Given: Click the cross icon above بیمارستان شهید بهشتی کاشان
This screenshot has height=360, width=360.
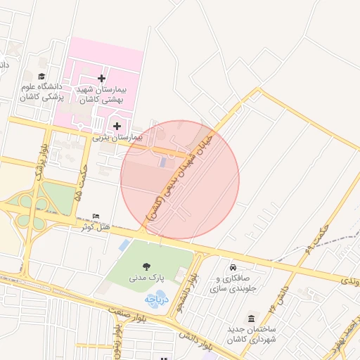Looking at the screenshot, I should [101, 78].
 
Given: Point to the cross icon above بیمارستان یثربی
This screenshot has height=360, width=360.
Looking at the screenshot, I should [117, 126].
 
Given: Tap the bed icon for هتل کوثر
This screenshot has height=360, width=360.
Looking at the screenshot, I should [96, 216].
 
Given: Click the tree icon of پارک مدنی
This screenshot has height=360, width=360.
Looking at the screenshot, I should [146, 266].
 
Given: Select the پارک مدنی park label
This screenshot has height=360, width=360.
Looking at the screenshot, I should [146, 278].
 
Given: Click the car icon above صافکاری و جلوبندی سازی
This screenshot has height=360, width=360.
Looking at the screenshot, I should [232, 268].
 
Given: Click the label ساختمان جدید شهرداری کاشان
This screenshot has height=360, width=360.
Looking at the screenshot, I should [252, 334].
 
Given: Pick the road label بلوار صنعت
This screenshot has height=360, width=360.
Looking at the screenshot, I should [127, 314].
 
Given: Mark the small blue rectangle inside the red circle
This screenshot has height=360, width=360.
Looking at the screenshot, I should [163, 162].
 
